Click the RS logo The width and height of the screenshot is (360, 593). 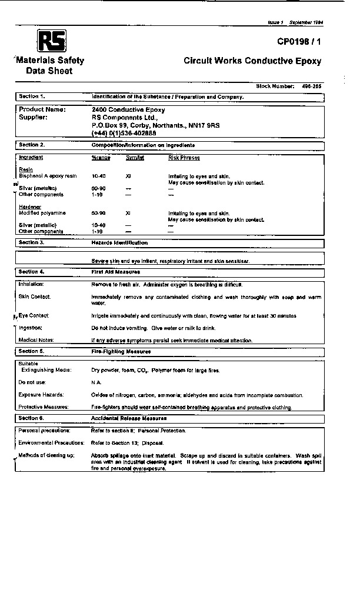(52, 41)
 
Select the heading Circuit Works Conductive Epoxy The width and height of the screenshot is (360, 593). (252, 61)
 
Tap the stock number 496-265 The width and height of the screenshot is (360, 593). (311, 86)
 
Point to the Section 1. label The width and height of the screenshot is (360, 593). (32, 96)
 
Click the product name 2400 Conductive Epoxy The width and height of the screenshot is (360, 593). (128, 109)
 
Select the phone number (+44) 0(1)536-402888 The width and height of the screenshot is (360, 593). (124, 133)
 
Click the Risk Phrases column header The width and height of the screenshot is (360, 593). (184, 158)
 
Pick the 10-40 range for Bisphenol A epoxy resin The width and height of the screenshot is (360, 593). (98, 176)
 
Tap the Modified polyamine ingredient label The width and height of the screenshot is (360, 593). (42, 213)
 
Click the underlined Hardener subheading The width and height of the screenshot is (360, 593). (30, 207)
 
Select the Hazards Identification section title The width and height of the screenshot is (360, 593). (119, 242)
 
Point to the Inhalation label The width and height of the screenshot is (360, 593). (32, 284)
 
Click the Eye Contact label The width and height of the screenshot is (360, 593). (34, 316)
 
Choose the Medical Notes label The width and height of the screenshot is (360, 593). (36, 340)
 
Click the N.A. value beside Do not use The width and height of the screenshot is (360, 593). (96, 382)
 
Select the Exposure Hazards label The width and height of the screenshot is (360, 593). (41, 394)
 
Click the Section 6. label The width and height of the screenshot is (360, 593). (32, 418)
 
